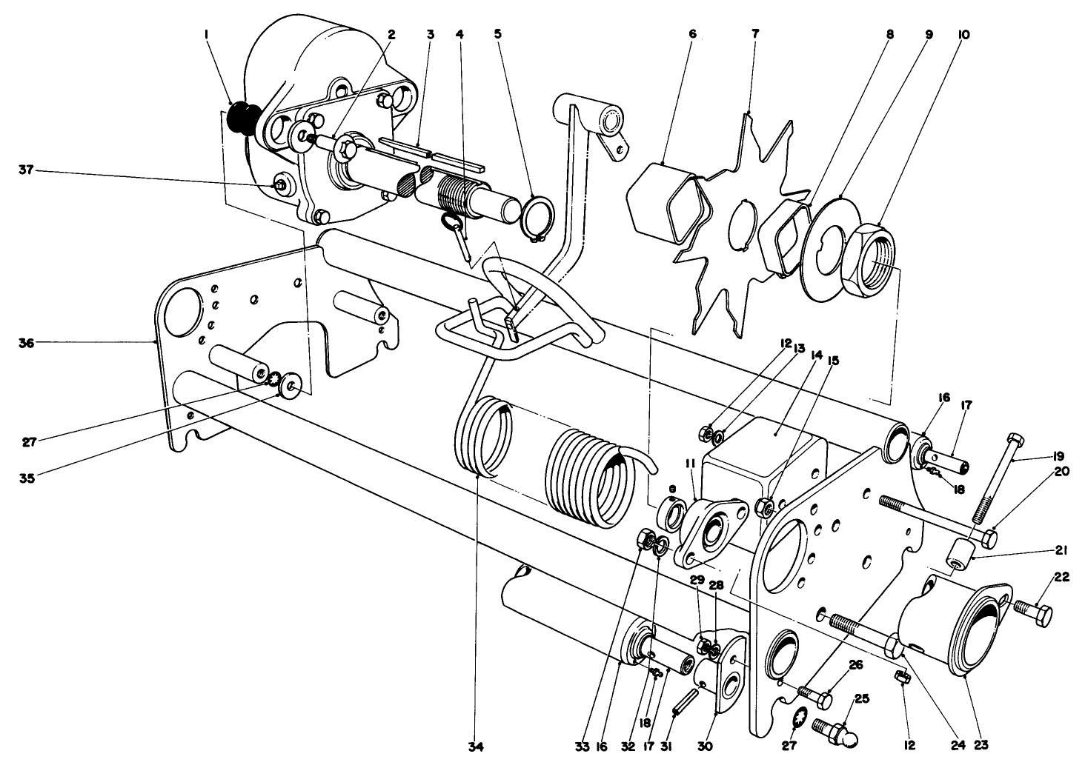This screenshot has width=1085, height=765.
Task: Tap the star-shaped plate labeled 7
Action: (x=734, y=222)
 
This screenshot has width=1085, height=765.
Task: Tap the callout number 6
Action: (x=692, y=34)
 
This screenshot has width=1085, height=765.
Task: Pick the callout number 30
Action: (x=705, y=746)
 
